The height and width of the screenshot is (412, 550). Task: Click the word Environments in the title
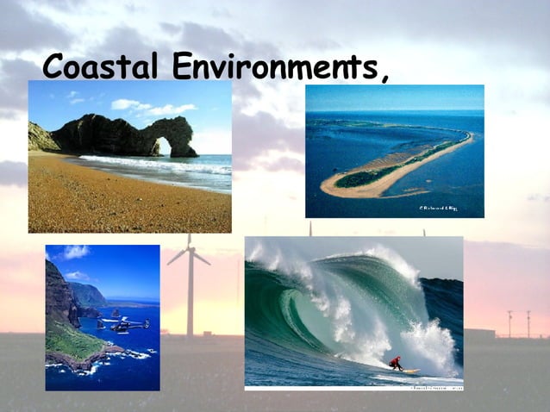pos(272,66)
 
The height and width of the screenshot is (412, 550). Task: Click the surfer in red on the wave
pos(395,363)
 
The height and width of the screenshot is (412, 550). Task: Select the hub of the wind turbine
pos(189,248)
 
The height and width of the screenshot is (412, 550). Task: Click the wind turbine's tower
pos(190,293)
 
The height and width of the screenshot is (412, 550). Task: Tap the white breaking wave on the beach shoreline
pos(155,165)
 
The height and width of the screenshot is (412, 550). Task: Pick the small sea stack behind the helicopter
pos(116,312)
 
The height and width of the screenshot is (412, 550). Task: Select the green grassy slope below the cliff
pos(73,340)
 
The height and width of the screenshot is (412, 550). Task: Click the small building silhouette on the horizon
pos(479,332)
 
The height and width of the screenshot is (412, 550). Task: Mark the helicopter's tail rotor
pos(147,322)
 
